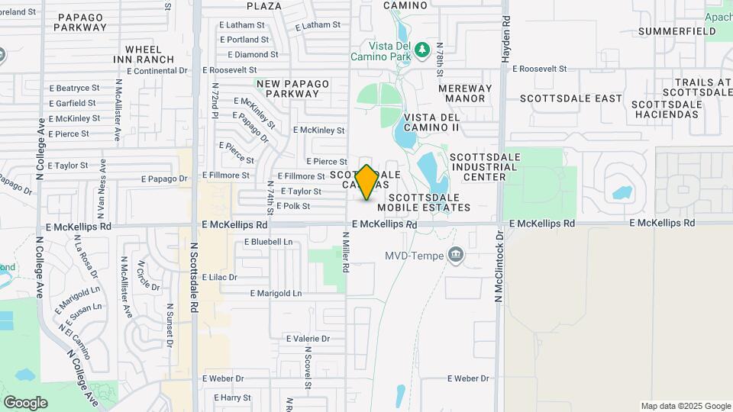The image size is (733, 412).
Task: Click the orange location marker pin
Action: pos(366,182)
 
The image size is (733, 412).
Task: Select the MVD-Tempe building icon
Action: pos(457,254)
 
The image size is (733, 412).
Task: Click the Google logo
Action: pos(25,402)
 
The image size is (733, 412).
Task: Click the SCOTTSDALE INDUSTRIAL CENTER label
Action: pos(477,167)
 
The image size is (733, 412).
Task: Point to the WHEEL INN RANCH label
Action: pos(144,54)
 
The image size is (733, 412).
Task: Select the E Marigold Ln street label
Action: pos(276,293)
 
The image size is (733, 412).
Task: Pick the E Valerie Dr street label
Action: pos(308,338)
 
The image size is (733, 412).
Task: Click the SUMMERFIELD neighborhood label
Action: pos(676,31)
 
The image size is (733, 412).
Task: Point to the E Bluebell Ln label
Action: pos(268,242)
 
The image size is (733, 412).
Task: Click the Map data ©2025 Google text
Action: pos(686,406)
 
